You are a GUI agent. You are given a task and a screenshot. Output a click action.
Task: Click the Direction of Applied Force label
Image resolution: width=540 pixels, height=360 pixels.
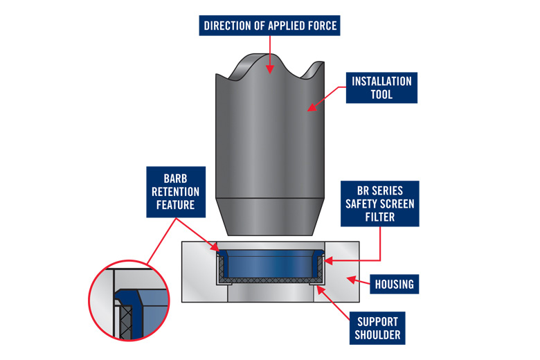(270, 26)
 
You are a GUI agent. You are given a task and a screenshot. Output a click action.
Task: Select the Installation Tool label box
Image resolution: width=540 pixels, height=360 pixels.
(381, 88)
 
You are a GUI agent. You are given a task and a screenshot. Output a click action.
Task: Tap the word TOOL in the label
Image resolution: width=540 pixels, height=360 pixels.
(381, 95)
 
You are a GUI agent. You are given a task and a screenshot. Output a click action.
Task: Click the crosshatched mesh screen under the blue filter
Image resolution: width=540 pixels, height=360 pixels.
(270, 280)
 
